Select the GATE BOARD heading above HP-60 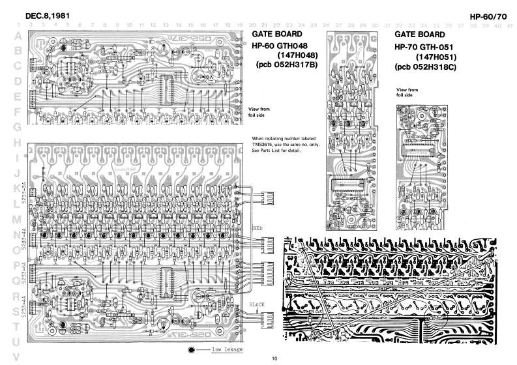[x=276, y=35]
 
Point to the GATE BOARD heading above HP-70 [x=419, y=35]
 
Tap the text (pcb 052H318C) [x=428, y=68]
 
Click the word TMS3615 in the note [x=261, y=145]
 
